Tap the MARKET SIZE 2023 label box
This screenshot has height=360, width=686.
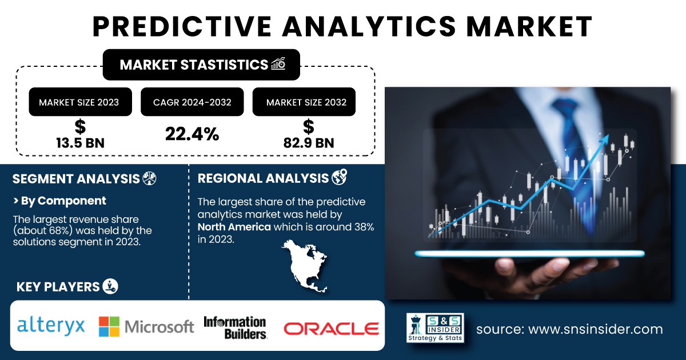[x=80, y=102]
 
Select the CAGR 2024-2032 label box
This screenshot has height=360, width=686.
[x=192, y=102]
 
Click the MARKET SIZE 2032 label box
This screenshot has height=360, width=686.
[x=304, y=102]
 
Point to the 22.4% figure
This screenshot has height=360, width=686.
[x=192, y=134]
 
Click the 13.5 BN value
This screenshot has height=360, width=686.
[x=80, y=143]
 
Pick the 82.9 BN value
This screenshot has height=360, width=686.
[x=308, y=143]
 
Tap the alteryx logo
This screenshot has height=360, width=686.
[x=51, y=326]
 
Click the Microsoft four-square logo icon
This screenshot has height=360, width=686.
[x=109, y=327]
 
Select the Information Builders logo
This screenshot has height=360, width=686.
[x=235, y=328]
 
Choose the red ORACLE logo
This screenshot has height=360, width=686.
[x=332, y=329]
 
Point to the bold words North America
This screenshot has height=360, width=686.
[x=234, y=227]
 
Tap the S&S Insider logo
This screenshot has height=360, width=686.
[x=435, y=327]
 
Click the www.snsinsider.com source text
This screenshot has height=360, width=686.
[x=595, y=329]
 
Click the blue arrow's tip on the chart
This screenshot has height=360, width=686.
[x=608, y=135]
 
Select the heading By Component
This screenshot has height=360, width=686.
[x=63, y=201]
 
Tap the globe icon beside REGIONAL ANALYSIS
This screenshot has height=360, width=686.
[x=340, y=177]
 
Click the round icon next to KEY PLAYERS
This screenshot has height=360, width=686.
[x=110, y=286]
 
